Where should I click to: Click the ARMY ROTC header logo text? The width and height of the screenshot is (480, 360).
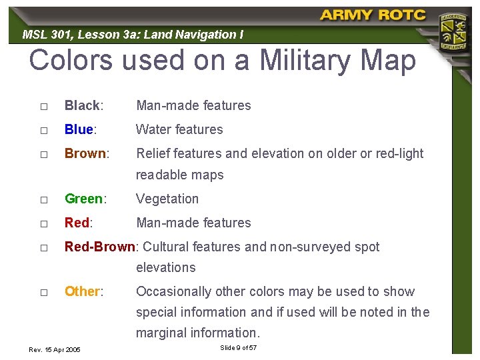coord(371,15)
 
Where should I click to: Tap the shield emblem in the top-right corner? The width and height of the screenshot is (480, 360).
coord(451,31)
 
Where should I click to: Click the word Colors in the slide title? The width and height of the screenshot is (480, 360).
coord(71,61)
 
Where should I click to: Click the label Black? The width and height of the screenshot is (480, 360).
coord(83,105)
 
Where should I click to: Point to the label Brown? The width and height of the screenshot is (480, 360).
coord(87,153)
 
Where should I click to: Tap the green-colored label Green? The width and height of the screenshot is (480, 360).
coord(85,199)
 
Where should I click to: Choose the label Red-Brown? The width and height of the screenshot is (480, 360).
coord(101,247)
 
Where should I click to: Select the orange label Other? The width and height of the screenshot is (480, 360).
coord(84,291)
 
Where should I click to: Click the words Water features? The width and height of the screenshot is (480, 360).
coord(179,129)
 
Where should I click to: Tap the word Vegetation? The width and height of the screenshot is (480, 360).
coord(167,199)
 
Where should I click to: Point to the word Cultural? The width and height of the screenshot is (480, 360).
coord(166,247)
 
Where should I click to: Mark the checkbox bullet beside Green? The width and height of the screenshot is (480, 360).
coord(43,199)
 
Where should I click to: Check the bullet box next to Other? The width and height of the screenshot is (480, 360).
coord(43,292)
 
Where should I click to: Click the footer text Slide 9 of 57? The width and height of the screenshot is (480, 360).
coord(238,348)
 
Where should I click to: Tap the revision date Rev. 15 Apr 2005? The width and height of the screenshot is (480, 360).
coord(55,349)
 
